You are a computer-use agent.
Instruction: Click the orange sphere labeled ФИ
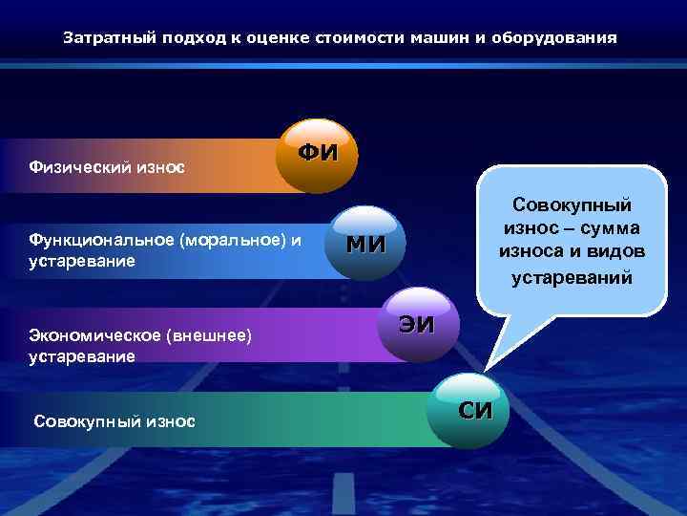317,156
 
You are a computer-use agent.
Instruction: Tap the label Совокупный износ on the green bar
114,420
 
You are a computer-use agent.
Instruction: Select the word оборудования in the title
563,39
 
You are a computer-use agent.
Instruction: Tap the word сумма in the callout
610,229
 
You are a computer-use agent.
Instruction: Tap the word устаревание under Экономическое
82,356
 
